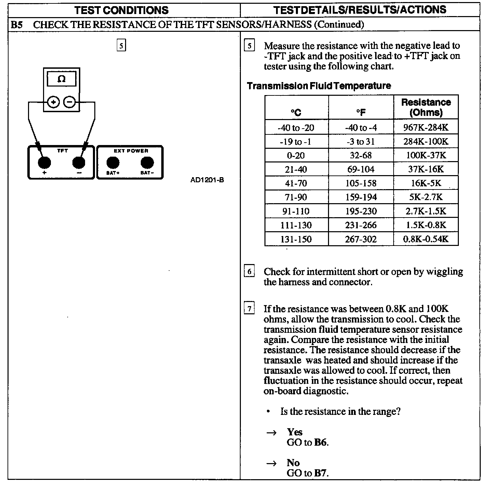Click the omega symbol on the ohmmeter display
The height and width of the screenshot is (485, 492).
pos(61,79)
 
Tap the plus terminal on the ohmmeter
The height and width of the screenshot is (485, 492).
pos(54,102)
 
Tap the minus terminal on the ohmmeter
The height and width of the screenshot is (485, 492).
pos(70,102)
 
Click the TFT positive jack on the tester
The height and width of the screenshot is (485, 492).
pos(44,163)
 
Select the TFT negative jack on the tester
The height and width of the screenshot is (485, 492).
pos(79,163)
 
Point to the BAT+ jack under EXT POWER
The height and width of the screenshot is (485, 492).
pos(113,163)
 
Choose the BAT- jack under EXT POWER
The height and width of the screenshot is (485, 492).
pos(147,163)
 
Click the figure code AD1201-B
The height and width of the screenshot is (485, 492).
pos(207,180)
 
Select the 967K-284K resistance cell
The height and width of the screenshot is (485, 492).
pos(426,128)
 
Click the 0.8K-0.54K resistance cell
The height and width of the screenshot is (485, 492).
pos(426,239)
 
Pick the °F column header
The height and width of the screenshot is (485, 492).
pos(361,112)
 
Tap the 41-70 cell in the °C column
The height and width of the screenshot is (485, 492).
pos(296,183)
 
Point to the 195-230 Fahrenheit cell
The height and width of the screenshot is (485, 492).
pos(361,211)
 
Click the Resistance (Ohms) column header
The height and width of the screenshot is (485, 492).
pos(426,107)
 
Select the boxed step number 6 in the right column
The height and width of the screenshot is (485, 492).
pos(249,272)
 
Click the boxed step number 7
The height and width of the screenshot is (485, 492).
pos(249,309)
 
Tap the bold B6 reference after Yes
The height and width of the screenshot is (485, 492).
pos(320,442)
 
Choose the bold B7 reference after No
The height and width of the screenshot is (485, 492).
pos(320,473)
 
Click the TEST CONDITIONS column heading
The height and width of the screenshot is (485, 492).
pos(122,10)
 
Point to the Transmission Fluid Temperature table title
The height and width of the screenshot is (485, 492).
pos(319,86)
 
